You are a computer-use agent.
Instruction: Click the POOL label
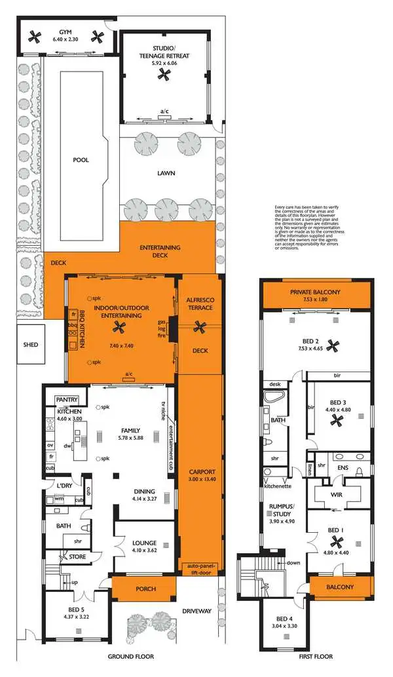click(81, 159)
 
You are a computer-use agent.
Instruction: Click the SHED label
click(30, 345)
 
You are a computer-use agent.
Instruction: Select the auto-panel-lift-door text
click(201, 568)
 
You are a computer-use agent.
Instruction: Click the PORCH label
click(145, 589)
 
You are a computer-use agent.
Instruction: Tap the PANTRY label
click(67, 399)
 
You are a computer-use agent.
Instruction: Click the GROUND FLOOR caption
click(131, 656)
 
